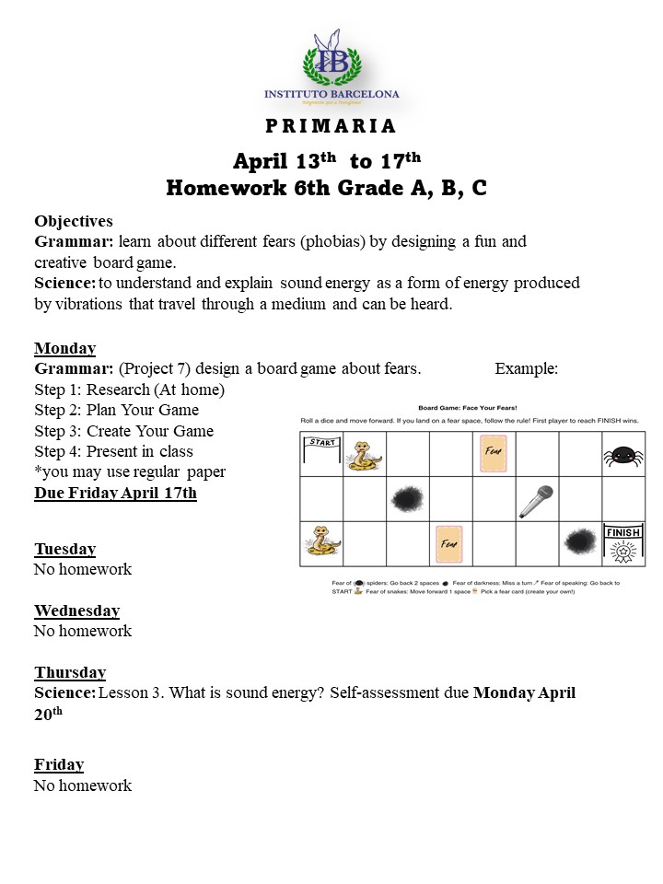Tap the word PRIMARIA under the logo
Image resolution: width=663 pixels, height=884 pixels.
pos(331,126)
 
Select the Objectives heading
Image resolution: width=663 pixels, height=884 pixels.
pos(74,221)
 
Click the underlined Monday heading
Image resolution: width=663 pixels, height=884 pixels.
pos(64,348)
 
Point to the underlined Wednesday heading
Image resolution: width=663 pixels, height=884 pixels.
pos(77,611)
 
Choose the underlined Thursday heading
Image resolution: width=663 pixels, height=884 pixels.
pos(70,672)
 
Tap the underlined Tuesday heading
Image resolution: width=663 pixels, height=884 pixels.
pos(64,549)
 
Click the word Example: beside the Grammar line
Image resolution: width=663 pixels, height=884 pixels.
pos(526,368)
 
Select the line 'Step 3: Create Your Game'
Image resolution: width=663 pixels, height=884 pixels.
pos(123,431)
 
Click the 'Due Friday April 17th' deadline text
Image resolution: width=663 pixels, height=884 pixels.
pos(115,493)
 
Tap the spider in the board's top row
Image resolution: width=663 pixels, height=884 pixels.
pos(623,455)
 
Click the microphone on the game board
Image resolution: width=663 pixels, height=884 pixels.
pos(536,500)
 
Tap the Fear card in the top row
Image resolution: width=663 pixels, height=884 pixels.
pos(494,454)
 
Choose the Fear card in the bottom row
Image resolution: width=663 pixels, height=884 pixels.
pos(450,543)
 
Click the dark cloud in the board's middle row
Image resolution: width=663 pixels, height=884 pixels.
pos(407,499)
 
